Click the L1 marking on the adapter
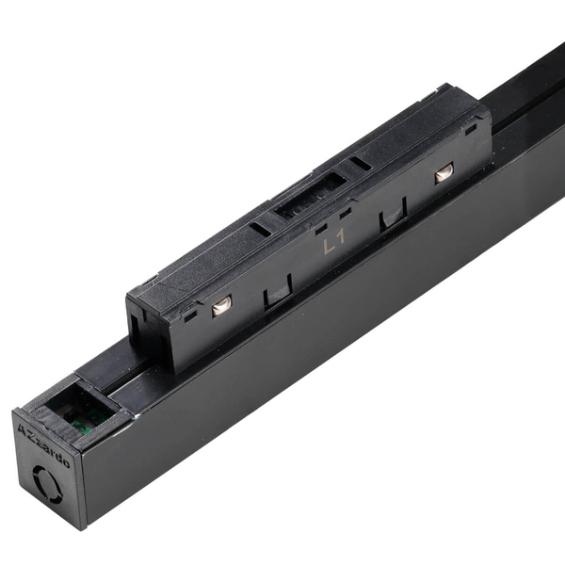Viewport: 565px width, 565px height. pos(334,243)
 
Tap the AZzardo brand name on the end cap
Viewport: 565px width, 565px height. pos(43,445)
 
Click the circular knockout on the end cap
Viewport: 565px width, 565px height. pos(47,484)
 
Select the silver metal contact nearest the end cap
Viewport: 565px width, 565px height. pos(221,306)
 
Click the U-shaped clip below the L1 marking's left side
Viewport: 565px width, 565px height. pos(278,291)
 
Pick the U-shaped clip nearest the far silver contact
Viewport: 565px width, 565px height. pos(393,214)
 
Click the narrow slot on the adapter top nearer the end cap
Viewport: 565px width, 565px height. pos(260,229)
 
